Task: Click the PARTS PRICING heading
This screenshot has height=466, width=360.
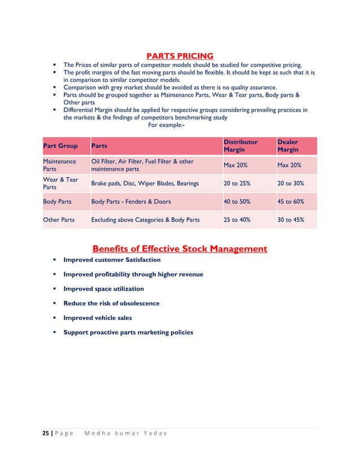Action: [x=180, y=55]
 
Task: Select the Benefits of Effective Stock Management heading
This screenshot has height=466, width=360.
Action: [x=179, y=248]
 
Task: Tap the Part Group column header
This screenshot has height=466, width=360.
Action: [x=60, y=146]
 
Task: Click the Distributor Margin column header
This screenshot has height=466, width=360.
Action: [x=240, y=146]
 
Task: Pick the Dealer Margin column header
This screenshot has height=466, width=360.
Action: [x=288, y=146]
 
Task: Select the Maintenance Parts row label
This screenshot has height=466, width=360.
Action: [x=59, y=165]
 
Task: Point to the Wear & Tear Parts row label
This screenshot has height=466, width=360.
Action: [x=60, y=183]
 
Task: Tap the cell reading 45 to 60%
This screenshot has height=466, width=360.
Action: [x=291, y=201]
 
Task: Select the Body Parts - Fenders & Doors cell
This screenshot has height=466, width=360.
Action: [x=131, y=201]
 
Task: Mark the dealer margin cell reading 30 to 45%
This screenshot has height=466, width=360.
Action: [x=291, y=219]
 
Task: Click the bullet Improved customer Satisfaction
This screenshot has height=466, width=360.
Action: [x=112, y=260]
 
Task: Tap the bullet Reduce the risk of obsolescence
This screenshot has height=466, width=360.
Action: [x=111, y=303]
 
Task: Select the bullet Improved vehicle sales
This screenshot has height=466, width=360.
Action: [x=98, y=318]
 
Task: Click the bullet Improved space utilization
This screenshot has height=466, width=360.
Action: [x=104, y=289]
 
